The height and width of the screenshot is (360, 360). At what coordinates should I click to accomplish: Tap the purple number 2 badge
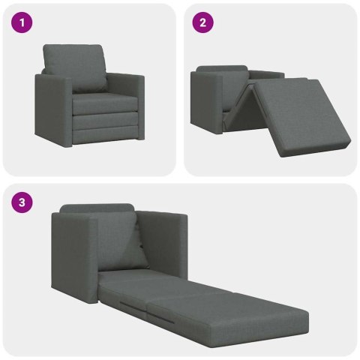202,23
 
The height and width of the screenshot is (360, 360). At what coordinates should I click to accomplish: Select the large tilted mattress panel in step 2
300,112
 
